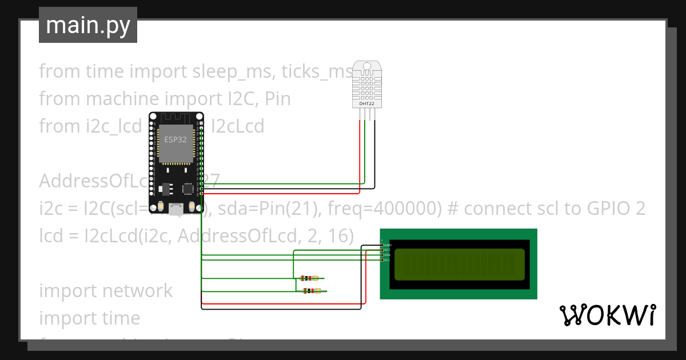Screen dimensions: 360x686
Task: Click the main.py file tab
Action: click(87, 26)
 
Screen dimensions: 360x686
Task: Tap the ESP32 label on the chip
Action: click(176, 139)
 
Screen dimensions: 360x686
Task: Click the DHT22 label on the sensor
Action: click(366, 104)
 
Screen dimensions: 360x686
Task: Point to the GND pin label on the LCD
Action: click(388, 245)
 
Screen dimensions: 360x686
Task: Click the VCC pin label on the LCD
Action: click(388, 250)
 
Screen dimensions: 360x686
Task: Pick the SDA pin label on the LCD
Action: click(388, 255)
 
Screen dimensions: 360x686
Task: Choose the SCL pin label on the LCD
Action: click(388, 260)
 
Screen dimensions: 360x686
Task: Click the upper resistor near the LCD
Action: click(309, 279)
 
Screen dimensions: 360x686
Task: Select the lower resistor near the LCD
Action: click(310, 291)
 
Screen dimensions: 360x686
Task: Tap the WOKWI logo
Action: click(607, 315)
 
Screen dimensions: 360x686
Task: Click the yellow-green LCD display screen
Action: click(459, 265)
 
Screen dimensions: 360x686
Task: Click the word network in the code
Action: click(137, 290)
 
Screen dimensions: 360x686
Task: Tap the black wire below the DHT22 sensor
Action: click(375, 154)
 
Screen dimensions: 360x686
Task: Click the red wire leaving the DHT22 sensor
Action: click(360, 154)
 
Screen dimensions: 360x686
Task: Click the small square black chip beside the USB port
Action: click(188, 188)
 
